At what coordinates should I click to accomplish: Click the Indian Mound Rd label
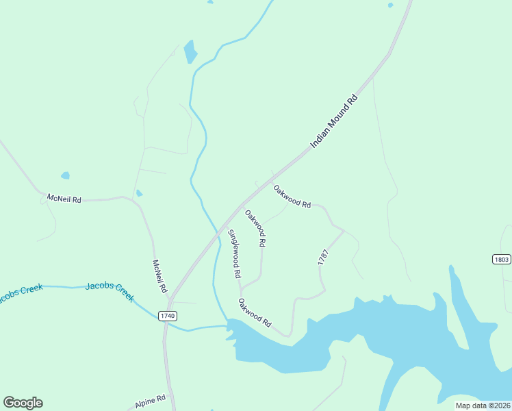(x=334, y=121)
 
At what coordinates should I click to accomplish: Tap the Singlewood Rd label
(x=234, y=253)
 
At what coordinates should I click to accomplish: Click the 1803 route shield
(x=502, y=259)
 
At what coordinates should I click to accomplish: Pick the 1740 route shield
(x=167, y=316)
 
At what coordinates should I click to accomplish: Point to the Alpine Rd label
(x=151, y=401)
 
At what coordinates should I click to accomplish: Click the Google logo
(x=23, y=403)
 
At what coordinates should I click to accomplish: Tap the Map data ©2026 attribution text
(x=482, y=406)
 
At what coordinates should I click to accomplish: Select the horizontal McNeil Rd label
(x=64, y=199)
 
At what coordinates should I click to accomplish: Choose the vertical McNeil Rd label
(x=159, y=276)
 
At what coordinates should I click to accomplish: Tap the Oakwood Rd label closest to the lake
(x=255, y=312)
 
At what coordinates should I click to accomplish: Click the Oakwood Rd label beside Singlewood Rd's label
(x=255, y=228)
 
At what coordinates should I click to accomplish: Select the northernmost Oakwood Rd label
(x=292, y=196)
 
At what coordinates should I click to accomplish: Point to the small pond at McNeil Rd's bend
(x=139, y=193)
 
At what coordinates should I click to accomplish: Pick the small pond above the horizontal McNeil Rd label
(x=65, y=175)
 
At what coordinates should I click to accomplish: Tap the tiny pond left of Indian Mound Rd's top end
(x=390, y=5)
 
